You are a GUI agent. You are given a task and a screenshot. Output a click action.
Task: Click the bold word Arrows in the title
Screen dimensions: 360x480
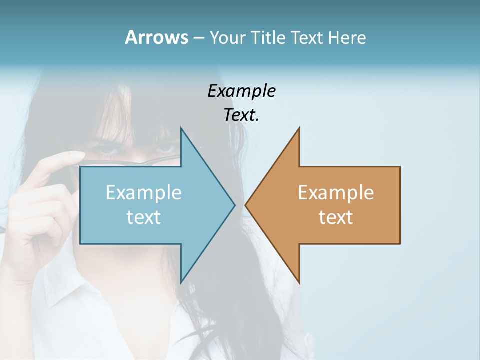[156, 37]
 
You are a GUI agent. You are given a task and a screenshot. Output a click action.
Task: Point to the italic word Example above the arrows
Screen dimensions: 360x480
[241, 91]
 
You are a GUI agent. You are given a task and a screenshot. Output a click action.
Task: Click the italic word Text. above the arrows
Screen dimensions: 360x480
[241, 115]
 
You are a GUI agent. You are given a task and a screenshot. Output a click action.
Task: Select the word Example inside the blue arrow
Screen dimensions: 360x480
[144, 193]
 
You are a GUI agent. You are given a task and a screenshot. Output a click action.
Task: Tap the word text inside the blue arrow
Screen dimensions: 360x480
[144, 217]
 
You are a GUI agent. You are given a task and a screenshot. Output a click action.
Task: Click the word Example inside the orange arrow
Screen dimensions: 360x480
[336, 193]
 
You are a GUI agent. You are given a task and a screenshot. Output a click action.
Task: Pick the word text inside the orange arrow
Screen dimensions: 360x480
[336, 217]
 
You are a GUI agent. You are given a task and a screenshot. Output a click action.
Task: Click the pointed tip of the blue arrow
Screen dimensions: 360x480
[234, 205]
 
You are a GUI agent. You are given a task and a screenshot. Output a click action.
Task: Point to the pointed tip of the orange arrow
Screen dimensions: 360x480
[246, 205]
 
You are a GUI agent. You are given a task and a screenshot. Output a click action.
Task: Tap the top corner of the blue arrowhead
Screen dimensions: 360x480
[181, 128]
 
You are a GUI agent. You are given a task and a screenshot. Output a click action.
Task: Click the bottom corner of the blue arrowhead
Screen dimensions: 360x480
[181, 282]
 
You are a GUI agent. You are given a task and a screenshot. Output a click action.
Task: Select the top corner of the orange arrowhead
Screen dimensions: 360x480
[299, 128]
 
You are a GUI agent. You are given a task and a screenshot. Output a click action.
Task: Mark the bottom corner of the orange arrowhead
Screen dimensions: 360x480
[299, 282]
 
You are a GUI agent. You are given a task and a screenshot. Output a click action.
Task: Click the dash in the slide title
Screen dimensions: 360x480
[198, 38]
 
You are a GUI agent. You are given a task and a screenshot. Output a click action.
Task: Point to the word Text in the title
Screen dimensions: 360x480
[307, 37]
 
